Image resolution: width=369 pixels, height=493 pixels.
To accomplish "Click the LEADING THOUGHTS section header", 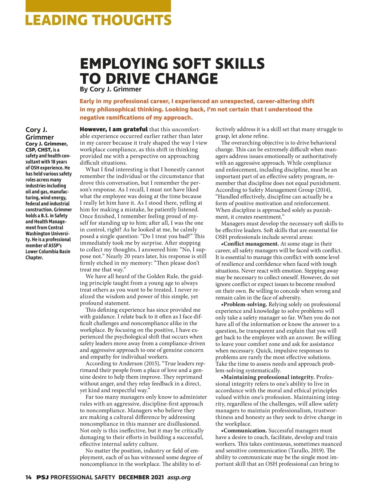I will (98, 20).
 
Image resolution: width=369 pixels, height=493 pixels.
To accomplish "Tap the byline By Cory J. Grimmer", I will (110, 89).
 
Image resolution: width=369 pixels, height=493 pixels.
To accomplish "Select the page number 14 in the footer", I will (29, 477).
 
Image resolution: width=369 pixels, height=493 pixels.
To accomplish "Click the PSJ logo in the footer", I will (42, 477).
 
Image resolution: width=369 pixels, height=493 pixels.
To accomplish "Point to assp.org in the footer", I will (179, 477).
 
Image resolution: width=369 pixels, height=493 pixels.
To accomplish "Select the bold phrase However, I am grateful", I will (113, 129).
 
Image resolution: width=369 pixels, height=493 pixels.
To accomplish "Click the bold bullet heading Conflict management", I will (251, 244).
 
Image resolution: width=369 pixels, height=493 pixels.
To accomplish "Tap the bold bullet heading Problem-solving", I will (245, 304).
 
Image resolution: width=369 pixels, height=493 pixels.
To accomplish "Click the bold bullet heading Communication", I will (245, 430).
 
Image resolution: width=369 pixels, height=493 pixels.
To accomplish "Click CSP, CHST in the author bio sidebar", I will (38, 150).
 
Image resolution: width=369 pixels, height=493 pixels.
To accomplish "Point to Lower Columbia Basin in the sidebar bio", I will (48, 251).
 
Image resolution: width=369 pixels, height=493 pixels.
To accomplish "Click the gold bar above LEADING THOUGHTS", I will (98, 6).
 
